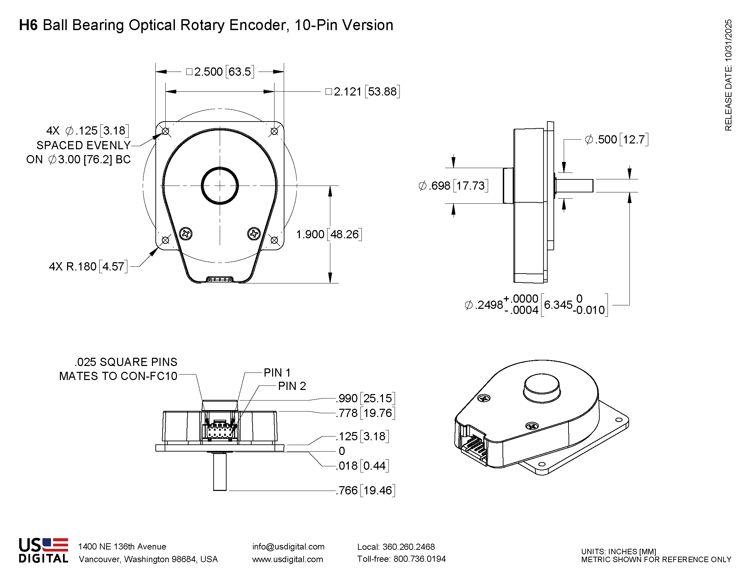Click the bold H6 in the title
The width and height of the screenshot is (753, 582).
[28, 25]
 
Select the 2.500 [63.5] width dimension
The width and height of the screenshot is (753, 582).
[220, 72]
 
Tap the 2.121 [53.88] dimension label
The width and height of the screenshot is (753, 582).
[363, 92]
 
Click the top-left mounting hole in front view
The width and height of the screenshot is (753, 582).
[166, 131]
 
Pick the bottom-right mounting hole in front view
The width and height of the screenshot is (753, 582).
[275, 240]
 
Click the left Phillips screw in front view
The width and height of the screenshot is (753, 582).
[186, 234]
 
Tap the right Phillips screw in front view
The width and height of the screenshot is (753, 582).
[254, 234]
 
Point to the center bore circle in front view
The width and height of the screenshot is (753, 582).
[220, 186]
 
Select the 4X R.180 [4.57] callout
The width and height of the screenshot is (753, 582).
[88, 266]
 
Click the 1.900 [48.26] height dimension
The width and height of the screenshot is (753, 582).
[329, 235]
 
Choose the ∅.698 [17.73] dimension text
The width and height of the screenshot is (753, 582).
[453, 186]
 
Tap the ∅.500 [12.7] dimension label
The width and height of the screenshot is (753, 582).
[616, 140]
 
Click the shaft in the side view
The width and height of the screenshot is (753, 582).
[574, 186]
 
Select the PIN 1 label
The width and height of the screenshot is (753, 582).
[277, 373]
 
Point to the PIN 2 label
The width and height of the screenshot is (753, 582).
[292, 386]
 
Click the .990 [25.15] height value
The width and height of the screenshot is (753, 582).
[366, 398]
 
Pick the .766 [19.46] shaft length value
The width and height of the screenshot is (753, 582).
[366, 490]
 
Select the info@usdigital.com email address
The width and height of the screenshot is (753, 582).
[288, 547]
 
